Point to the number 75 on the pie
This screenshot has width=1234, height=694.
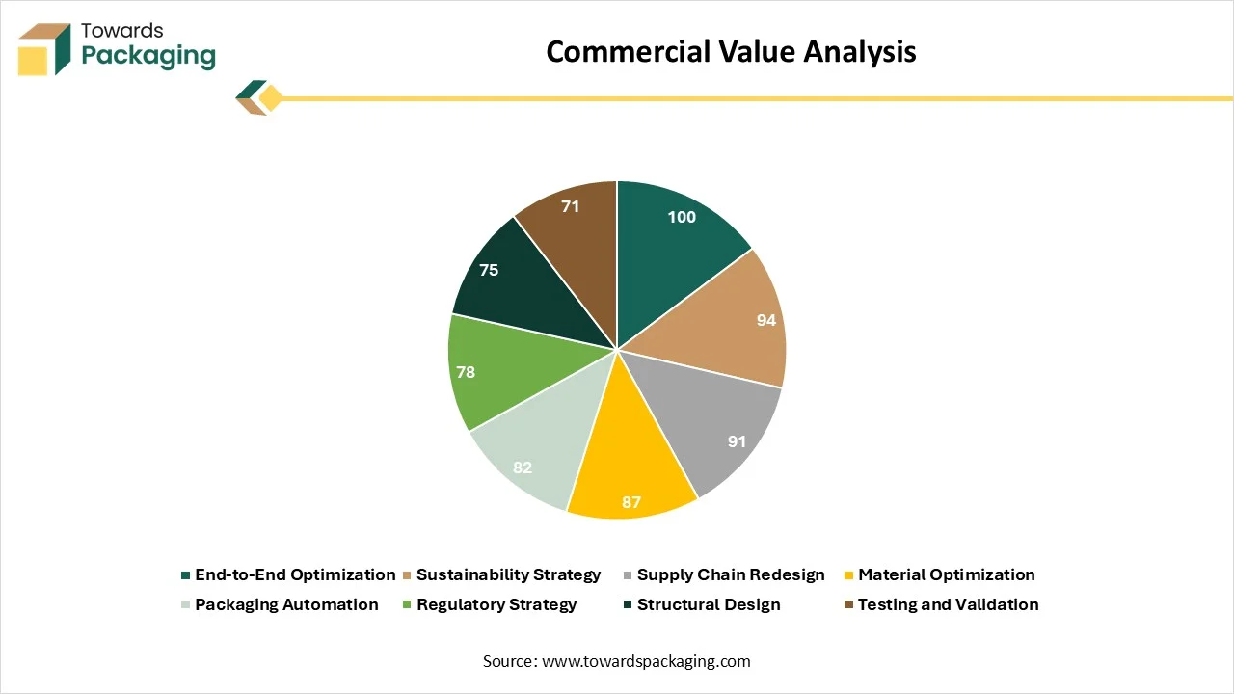[489, 270]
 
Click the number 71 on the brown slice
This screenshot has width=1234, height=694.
[570, 206]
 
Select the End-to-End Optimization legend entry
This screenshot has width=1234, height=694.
[288, 575]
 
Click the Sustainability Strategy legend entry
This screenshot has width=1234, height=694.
[502, 575]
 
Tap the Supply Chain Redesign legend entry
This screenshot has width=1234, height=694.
[724, 575]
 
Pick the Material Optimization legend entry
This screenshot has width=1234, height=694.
[939, 575]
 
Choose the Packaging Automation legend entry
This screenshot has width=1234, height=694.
[280, 604]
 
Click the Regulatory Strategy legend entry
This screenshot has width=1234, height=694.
[490, 604]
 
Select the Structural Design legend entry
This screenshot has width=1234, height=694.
[702, 604]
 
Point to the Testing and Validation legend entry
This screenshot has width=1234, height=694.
[942, 604]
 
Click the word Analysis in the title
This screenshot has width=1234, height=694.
[859, 52]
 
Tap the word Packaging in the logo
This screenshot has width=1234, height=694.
[148, 56]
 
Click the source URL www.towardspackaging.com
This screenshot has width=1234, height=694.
[646, 661]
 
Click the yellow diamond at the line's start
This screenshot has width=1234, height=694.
[271, 98]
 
